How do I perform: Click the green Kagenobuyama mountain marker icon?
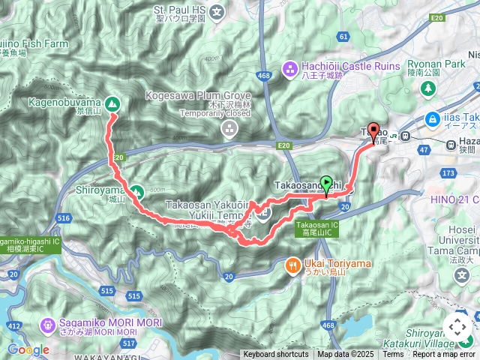[x=112, y=103]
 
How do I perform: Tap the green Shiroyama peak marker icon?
[x=136, y=191]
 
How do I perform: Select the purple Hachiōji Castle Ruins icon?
[x=289, y=70]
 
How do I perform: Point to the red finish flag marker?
[x=373, y=130]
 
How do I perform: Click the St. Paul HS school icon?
[x=217, y=12]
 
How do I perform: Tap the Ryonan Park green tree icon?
[x=429, y=89]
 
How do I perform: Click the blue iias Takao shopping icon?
[x=433, y=118]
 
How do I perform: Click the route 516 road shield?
[x=64, y=218]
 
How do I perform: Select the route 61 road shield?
[x=343, y=36]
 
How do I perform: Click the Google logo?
[x=28, y=349]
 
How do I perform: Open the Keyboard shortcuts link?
[x=275, y=355]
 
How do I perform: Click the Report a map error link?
[x=444, y=355]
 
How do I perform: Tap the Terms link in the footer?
[x=393, y=355]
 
